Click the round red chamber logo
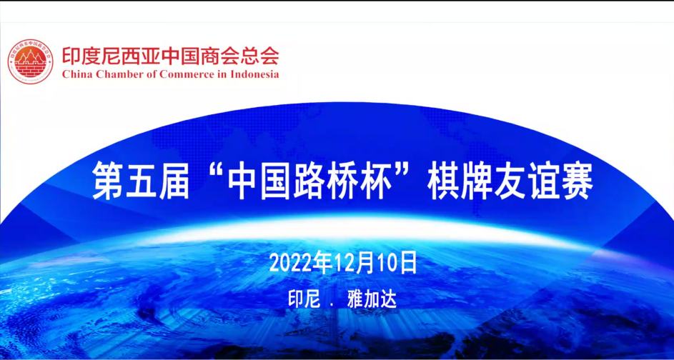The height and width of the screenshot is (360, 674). coord(31,61)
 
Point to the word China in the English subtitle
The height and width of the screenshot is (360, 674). coord(76,74)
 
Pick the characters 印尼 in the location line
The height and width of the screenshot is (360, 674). coord(304,299)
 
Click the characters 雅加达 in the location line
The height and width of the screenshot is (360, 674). coord(372,299)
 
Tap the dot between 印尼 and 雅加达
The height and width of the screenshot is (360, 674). coord(332,305)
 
